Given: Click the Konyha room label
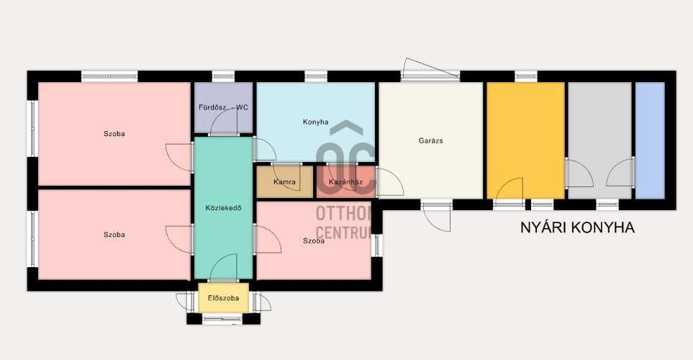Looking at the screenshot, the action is tap(316, 122).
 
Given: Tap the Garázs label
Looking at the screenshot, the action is tap(430, 140).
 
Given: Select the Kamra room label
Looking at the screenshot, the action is tap(285, 181).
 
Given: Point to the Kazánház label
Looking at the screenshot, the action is tap(345, 181).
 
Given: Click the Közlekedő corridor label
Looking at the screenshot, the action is tap(224, 208).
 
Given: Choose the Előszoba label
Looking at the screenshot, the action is tap(223, 298).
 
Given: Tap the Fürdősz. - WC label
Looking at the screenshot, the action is tap(223, 107).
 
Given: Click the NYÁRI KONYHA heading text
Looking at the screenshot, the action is tap(577, 228).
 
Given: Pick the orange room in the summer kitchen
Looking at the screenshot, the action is tap(525, 140).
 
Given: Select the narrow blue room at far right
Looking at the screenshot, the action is tap(650, 140).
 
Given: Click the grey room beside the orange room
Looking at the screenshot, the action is tap(599, 140).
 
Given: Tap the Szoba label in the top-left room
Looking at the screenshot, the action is tap(114, 134).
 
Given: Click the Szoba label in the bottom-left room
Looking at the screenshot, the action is tap(114, 235).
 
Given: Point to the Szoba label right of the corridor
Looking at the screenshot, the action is tap(314, 241).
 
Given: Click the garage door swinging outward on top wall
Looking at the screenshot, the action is tap(431, 68).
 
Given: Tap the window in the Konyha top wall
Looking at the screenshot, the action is tap(316, 76).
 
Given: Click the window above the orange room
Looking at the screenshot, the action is tap(526, 76).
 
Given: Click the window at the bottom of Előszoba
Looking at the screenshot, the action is tap(222, 319).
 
